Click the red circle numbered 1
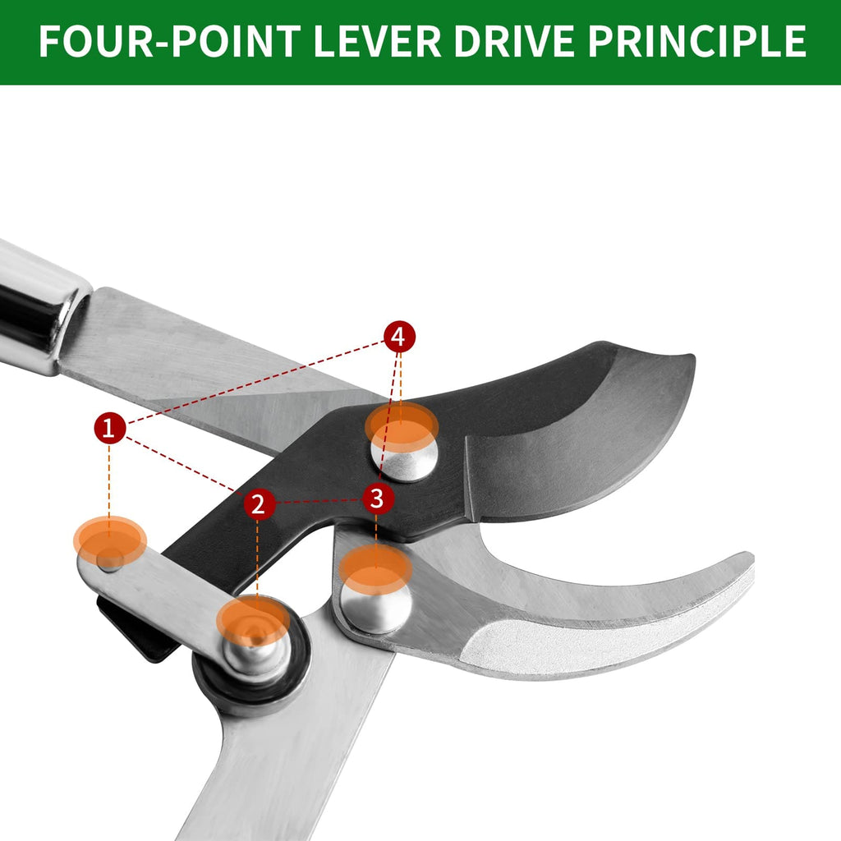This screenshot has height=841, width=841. pyautogui.click(x=110, y=428)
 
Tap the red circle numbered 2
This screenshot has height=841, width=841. pyautogui.click(x=260, y=504)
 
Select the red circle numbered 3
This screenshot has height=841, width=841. pyautogui.click(x=378, y=499)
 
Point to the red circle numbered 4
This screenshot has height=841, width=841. pyautogui.click(x=400, y=337)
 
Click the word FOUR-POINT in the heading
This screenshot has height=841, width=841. pyautogui.click(x=170, y=41)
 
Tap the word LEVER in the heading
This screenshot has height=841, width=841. pyautogui.click(x=377, y=41)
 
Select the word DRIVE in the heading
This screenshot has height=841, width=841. pyautogui.click(x=514, y=41)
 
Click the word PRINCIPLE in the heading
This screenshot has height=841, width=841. pyautogui.click(x=697, y=41)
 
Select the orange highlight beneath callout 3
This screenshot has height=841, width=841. pyautogui.click(x=375, y=568)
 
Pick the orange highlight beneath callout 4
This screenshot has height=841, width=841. pyautogui.click(x=402, y=427)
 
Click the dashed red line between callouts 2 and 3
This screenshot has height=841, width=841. pyautogui.click(x=319, y=502)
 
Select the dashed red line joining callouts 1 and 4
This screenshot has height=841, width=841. pyautogui.click(x=255, y=382)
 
